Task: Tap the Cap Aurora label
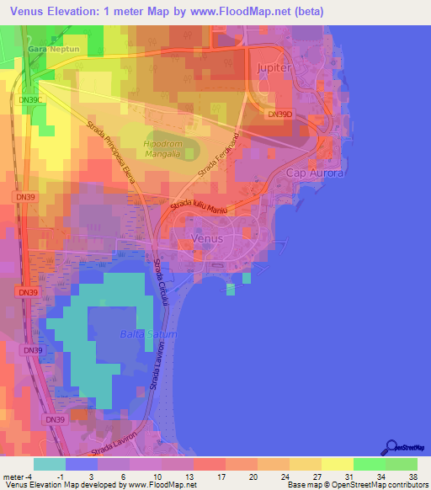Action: [316, 173]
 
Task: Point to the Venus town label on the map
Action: [208, 238]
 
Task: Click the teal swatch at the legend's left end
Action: [50, 463]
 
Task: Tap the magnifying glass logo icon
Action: [391, 446]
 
